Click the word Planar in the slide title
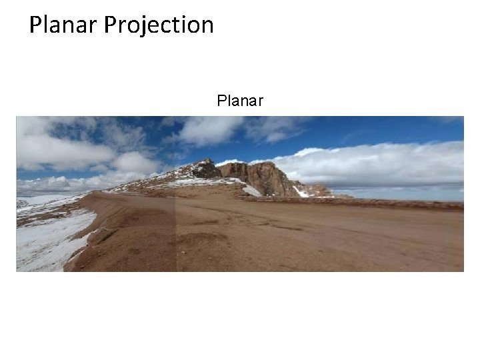point(64,25)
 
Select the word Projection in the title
point(159,25)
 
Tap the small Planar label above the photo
point(240,101)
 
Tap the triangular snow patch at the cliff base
point(251,191)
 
